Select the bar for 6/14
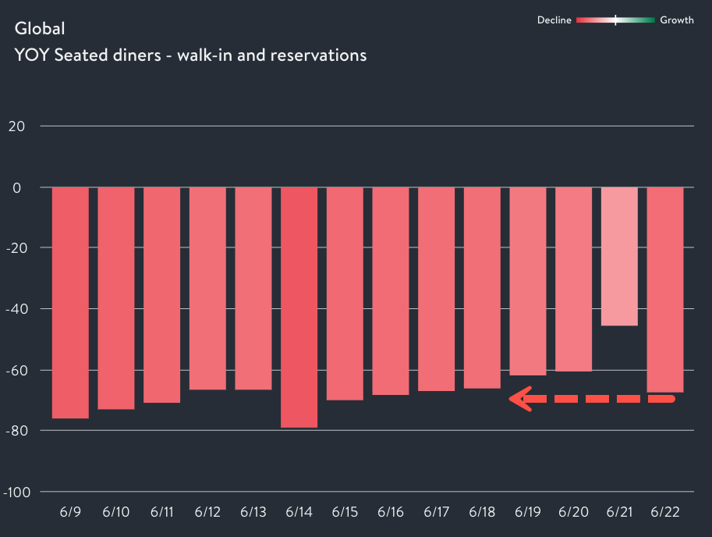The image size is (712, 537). pos(299,307)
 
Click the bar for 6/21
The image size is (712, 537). pos(619,256)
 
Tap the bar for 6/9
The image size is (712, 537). pos(70,303)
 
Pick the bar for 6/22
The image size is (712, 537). pos(665,290)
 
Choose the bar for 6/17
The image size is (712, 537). pos(437,289)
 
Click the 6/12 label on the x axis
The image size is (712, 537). pos(207,513)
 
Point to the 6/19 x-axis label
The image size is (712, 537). pos(528,513)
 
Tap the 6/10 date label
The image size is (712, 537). pos(116,513)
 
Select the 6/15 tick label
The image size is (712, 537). pos(345,513)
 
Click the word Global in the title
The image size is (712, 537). pos(40,29)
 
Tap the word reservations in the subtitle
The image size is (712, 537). pos(318,55)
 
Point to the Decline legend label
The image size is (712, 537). pos(554,20)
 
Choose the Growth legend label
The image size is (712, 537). pos(676,20)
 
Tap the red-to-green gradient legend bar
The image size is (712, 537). pos(615,20)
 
